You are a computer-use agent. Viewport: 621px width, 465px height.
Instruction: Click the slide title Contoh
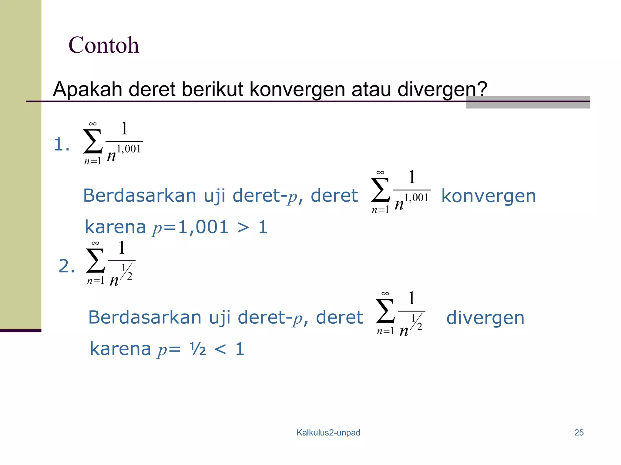104,45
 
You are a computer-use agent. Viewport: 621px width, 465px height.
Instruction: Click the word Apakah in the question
87,90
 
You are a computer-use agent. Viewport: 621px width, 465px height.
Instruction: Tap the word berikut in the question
213,90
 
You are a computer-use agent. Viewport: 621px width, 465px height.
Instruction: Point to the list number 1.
62,144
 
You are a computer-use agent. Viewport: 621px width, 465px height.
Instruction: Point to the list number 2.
66,266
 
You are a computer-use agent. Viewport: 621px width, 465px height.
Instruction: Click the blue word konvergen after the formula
488,196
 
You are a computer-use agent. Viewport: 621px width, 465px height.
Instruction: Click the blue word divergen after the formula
485,318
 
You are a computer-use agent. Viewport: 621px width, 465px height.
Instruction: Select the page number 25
579,433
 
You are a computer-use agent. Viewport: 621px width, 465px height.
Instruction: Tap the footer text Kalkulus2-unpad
328,433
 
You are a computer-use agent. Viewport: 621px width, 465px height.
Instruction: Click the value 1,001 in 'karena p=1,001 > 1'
203,227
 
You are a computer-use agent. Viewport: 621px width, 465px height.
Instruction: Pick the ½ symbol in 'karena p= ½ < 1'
198,349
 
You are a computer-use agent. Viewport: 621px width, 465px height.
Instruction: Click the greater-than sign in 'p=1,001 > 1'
243,228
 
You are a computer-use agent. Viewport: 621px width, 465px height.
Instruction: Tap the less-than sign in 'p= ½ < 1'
220,349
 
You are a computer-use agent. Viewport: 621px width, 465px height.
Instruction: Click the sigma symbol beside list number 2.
96,261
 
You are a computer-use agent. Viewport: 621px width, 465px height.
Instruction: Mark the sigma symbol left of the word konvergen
380,190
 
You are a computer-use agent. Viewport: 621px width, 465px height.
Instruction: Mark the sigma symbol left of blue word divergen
385,311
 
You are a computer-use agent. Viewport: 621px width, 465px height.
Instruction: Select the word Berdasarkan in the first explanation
140,196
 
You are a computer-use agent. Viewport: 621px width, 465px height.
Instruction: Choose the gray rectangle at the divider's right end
528,102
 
